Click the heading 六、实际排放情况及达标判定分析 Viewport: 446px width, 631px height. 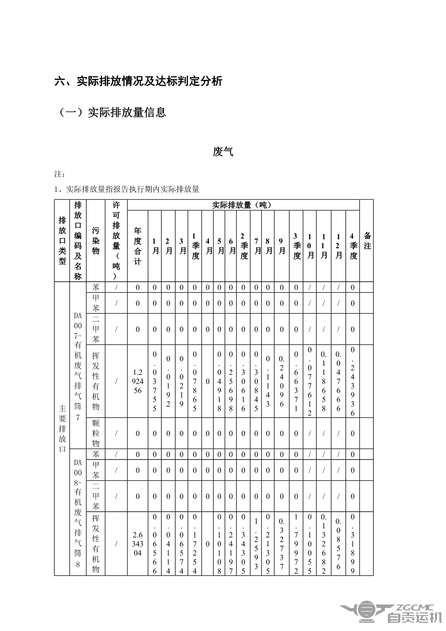(138, 81)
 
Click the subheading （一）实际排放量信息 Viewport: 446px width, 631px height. (112, 112)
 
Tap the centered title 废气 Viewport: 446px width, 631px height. (223, 152)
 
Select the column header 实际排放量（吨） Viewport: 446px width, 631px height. (243, 205)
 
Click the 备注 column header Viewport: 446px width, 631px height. (367, 241)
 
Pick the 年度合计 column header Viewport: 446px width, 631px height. (138, 246)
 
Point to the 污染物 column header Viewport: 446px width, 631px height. (96, 241)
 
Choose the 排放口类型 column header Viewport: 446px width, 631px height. (62, 241)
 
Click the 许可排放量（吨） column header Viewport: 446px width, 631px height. (116, 241)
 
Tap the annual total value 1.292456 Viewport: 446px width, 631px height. (138, 381)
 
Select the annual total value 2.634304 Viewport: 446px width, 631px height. (138, 544)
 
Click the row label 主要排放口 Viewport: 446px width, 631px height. (62, 429)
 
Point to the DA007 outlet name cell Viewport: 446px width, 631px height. (78, 366)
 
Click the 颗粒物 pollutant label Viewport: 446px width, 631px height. (96, 433)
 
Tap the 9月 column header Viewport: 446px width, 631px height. (282, 246)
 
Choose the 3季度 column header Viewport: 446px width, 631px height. (296, 246)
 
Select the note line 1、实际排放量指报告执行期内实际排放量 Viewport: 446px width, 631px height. (127, 189)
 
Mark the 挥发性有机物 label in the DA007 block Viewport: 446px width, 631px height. (96, 381)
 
